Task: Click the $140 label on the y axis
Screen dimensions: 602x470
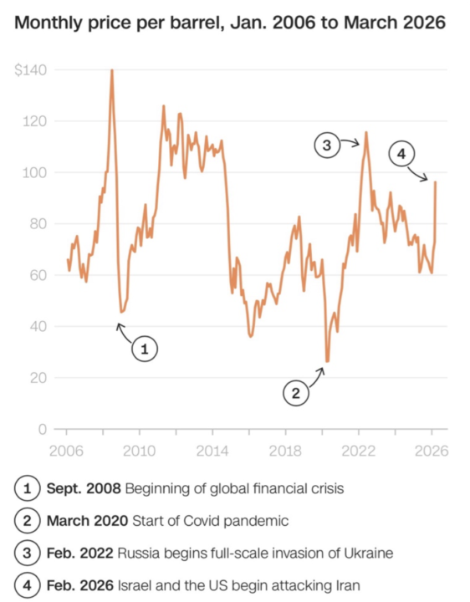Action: tap(30, 71)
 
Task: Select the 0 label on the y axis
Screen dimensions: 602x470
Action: tap(41, 429)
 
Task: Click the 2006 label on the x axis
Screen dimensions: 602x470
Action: tap(66, 450)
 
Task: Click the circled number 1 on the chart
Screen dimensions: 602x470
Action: tap(145, 349)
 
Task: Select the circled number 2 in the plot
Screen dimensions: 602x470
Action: tap(294, 391)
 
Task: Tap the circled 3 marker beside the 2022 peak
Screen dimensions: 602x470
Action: tap(327, 145)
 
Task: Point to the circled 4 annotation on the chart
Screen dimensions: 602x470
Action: tap(401, 154)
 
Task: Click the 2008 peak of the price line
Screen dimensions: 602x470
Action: tap(112, 70)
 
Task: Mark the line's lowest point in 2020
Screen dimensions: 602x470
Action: tap(327, 361)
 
